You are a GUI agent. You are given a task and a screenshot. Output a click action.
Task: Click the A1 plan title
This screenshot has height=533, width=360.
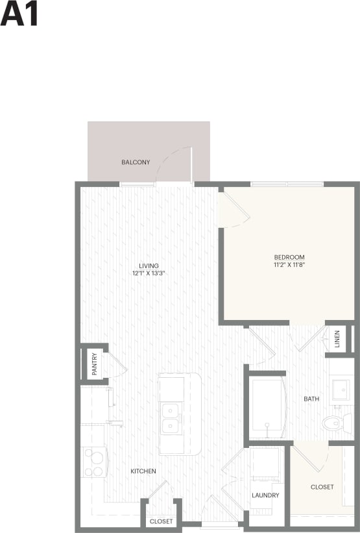point(19,14)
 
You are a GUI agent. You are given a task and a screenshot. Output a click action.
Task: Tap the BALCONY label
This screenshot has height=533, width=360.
point(136,162)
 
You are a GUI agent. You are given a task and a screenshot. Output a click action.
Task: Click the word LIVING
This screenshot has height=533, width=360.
point(149,266)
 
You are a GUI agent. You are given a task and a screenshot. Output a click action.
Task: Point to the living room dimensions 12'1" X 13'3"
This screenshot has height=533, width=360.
point(149,273)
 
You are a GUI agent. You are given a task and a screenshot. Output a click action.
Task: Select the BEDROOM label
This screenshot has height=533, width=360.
point(289,257)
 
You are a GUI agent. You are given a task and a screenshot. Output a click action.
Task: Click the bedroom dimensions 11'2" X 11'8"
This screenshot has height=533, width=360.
point(289,265)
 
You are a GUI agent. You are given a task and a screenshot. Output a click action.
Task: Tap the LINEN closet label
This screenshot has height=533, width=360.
point(337,340)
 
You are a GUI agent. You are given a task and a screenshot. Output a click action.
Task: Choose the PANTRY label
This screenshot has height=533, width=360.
point(95,364)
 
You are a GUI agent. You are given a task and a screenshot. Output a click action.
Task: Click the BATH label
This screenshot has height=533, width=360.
point(311,399)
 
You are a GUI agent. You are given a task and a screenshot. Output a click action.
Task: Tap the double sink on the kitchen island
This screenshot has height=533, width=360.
point(171,418)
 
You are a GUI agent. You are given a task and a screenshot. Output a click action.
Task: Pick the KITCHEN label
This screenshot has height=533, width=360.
point(143,471)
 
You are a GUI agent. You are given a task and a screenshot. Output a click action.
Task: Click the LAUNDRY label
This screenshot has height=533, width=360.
point(265,495)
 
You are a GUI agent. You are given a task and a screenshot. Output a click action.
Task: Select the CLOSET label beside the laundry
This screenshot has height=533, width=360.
point(322,487)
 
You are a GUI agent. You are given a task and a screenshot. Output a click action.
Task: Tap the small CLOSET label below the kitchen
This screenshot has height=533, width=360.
point(162,521)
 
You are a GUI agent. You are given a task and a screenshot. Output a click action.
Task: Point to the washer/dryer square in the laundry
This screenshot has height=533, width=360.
point(265,462)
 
